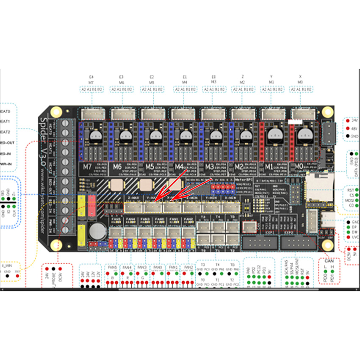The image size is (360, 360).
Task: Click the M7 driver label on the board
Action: pos(88,166)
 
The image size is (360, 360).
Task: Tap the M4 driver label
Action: pos(178,166)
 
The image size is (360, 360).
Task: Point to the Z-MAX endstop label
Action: pos(133,197)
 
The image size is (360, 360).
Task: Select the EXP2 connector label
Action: pos(290,233)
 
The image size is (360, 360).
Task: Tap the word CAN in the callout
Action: pos(329,261)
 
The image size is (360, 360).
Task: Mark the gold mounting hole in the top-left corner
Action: pos(55,112)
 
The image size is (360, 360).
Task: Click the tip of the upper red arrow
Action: pos(155,199)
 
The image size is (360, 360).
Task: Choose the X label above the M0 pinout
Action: pos(300,77)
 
